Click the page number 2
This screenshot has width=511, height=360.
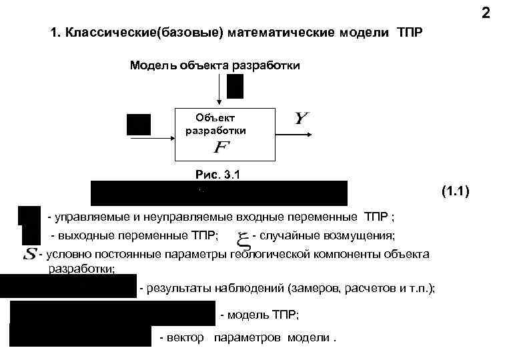point(486,13)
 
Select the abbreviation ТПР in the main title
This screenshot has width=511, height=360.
point(409,33)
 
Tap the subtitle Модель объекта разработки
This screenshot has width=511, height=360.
point(214,65)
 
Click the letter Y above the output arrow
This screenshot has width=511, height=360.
point(302,119)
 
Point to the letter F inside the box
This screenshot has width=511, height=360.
point(218,146)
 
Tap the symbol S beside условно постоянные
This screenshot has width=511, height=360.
point(29,254)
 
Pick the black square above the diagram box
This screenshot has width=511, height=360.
point(235,86)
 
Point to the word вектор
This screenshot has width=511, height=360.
point(187,338)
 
